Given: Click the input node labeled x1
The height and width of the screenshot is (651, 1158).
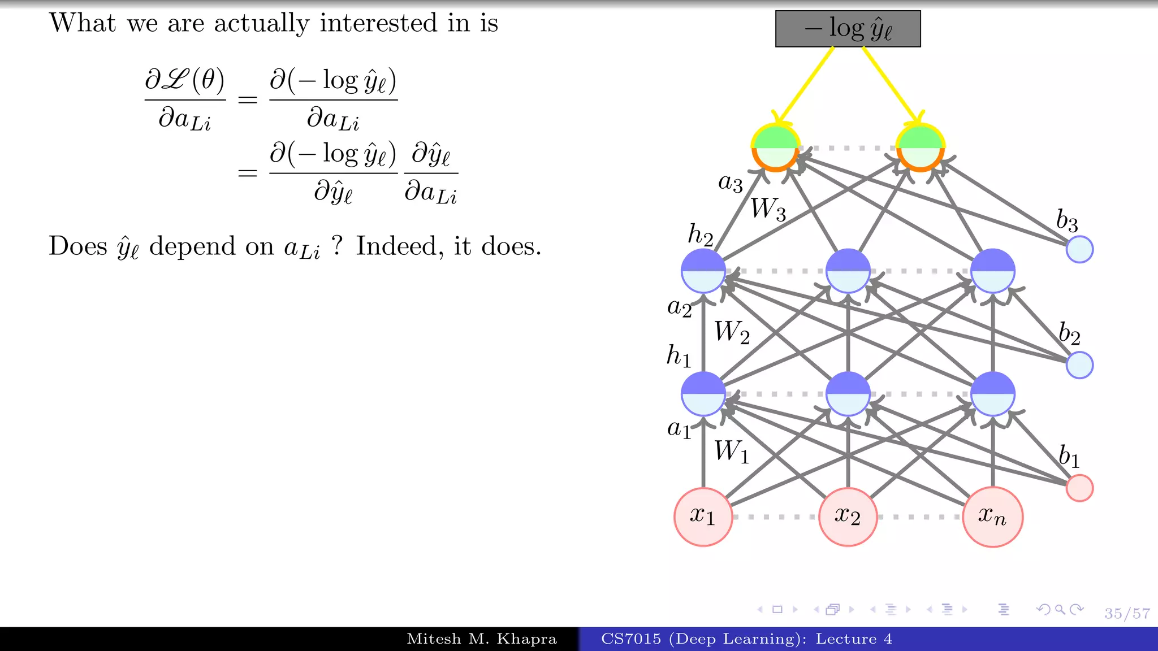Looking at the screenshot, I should click(x=703, y=517).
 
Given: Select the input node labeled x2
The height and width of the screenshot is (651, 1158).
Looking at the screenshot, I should click(x=848, y=517).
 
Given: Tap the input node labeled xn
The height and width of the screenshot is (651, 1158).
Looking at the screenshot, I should click(x=992, y=517).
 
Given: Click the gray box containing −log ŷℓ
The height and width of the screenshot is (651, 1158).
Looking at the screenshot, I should click(x=848, y=29).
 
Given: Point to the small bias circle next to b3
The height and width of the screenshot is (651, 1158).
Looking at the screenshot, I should click(x=1079, y=249).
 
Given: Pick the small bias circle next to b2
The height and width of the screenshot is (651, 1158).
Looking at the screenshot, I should click(x=1079, y=365).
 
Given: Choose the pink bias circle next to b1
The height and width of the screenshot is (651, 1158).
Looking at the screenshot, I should click(x=1079, y=488).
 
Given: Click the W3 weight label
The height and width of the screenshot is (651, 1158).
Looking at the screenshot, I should click(x=768, y=209).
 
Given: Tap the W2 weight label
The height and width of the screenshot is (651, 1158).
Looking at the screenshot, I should click(x=732, y=332).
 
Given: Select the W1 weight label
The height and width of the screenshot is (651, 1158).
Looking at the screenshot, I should click(x=731, y=452).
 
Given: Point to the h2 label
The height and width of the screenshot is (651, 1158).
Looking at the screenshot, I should click(x=700, y=234).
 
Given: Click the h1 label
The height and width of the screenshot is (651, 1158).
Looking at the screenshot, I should click(x=679, y=356).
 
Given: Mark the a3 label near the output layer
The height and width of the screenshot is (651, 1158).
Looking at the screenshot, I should click(x=730, y=183).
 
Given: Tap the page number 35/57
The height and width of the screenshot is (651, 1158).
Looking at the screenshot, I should click(x=1127, y=613).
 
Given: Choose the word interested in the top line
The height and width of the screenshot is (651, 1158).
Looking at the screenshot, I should click(x=378, y=24).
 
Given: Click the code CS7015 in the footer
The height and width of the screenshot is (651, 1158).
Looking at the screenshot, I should click(x=630, y=639).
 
